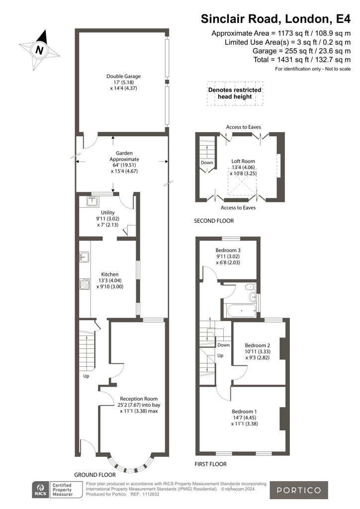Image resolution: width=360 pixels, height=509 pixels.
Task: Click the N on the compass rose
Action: (x=40, y=50)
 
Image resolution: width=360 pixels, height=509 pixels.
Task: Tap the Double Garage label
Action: (x=124, y=76)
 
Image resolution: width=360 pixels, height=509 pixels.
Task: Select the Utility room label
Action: (x=107, y=213)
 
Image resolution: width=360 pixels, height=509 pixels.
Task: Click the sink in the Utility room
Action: (x=92, y=202)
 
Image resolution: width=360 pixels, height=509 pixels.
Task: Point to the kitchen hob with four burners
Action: (x=85, y=284)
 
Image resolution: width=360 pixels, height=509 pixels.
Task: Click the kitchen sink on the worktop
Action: (x=85, y=257)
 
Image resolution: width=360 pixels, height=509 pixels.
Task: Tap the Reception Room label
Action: (x=139, y=399)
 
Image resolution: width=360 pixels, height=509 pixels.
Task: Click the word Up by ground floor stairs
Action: (x=86, y=376)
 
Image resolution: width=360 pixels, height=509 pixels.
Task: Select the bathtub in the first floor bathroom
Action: (x=242, y=312)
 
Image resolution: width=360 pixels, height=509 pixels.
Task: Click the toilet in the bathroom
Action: (x=251, y=287)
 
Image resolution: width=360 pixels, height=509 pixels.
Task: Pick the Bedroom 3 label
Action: (x=228, y=251)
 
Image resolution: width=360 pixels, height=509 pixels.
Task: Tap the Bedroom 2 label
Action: (x=258, y=345)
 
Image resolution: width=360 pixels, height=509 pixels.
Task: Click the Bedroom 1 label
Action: (x=244, y=412)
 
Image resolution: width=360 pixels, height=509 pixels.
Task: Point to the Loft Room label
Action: (x=243, y=161)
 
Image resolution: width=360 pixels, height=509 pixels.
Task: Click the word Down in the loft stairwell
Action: (x=207, y=163)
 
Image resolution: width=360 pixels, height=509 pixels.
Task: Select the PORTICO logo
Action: (x=299, y=490)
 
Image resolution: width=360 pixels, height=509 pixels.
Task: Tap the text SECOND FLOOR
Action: (x=214, y=221)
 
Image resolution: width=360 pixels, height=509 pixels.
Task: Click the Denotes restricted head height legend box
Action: (x=235, y=93)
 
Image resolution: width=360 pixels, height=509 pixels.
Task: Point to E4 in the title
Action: (x=343, y=18)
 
